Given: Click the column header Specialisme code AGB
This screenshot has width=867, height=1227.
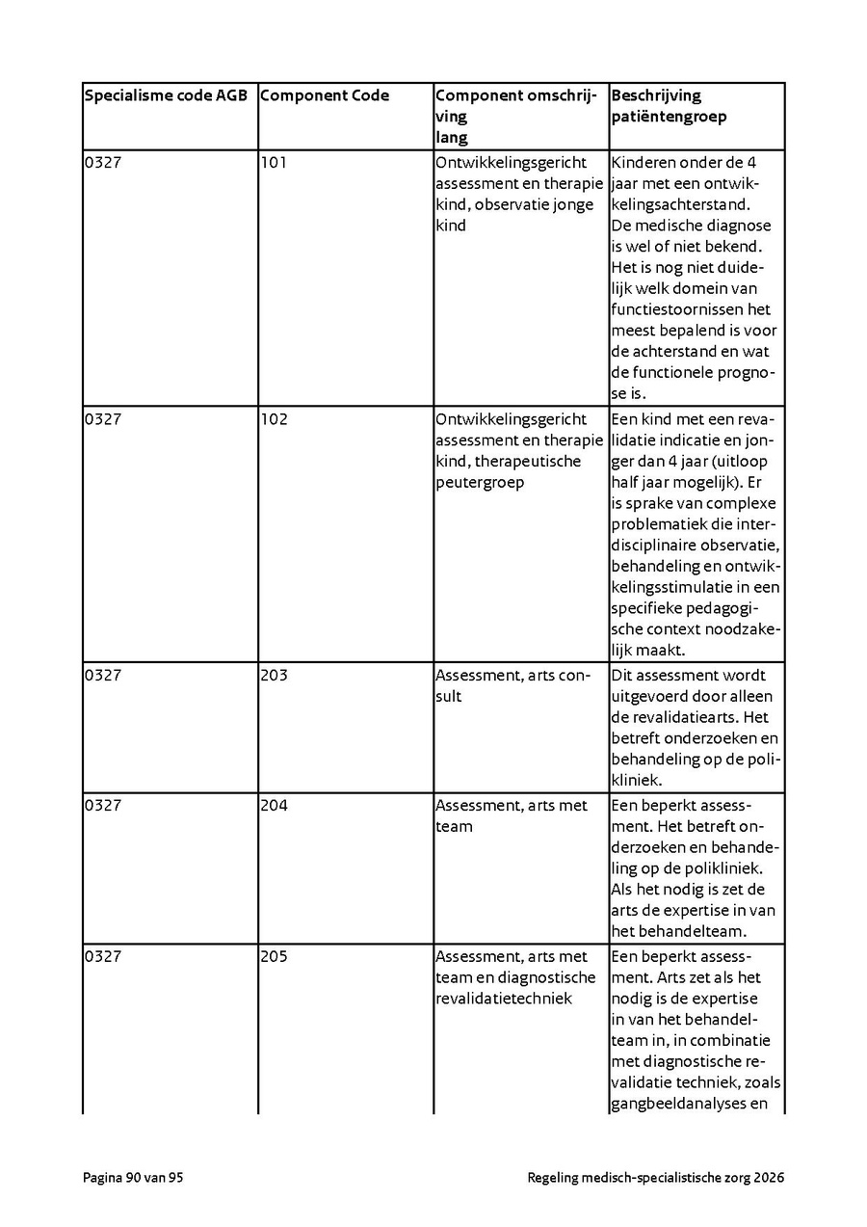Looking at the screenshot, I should coord(166,95).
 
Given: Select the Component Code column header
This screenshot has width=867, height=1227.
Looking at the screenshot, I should coord(325,95).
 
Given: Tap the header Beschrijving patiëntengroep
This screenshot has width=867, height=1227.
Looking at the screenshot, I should coord(669,106).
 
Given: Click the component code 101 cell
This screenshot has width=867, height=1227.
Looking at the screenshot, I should coord(274,163).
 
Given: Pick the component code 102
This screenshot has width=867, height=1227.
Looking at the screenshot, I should coord(274,419).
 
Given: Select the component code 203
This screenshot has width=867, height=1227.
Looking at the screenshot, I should coord(274,676).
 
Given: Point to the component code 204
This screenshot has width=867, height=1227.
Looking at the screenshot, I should coord(274,806).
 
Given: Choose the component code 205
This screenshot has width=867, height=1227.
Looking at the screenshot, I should coord(274,957).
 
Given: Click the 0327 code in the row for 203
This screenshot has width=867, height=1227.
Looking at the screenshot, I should coord(103,676).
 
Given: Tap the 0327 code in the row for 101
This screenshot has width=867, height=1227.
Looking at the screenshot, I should coord(103,163).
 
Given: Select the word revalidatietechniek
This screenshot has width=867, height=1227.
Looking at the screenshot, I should coord(504,1000).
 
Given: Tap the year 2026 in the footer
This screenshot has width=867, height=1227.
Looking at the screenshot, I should coord(769,1178).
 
